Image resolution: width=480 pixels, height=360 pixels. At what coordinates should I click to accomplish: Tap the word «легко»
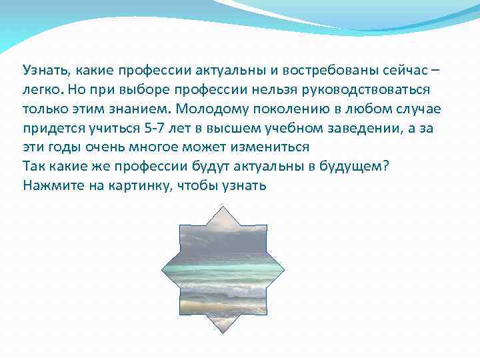click(44, 89)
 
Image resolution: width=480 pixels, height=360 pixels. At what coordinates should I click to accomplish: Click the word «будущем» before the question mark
click(351, 166)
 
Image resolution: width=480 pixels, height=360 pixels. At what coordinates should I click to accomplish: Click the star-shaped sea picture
click(223, 270)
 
